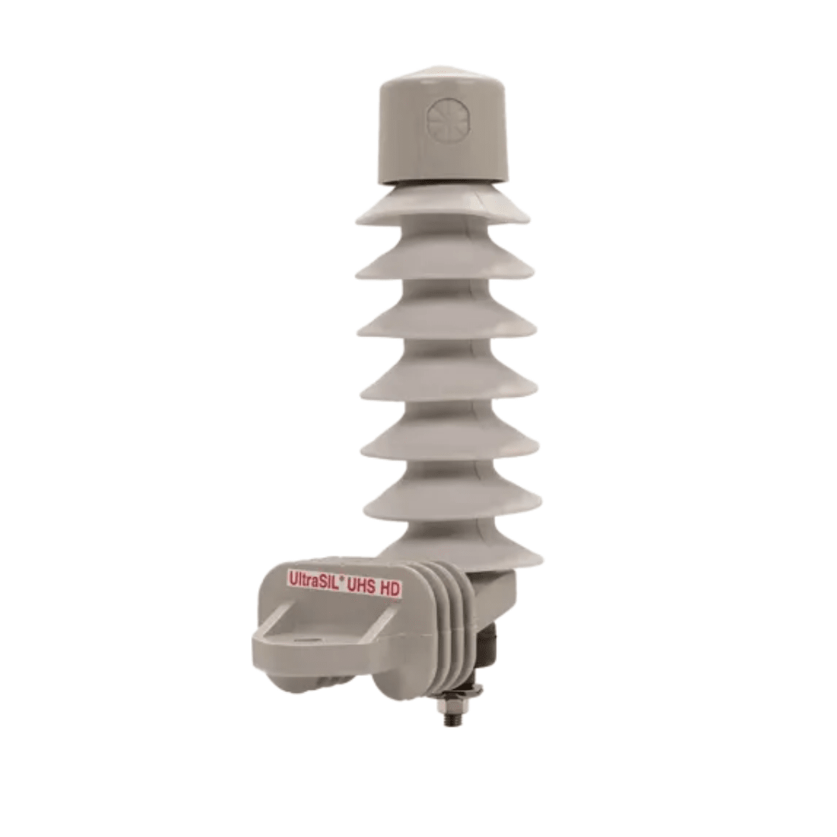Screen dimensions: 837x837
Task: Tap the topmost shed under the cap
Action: click(x=443, y=208)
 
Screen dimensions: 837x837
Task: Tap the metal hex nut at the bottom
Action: click(x=450, y=706)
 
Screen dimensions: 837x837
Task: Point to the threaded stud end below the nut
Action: click(x=450, y=720)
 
